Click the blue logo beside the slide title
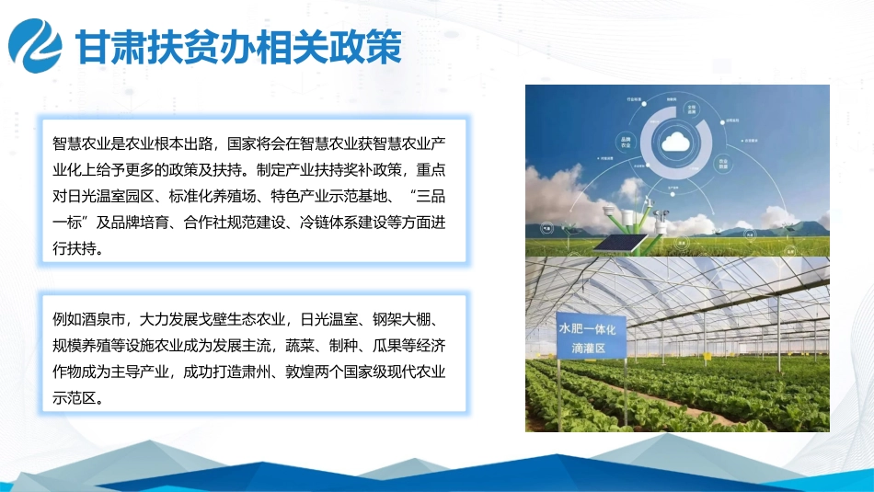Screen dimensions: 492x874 37,46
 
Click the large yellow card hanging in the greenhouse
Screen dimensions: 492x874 707,357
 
